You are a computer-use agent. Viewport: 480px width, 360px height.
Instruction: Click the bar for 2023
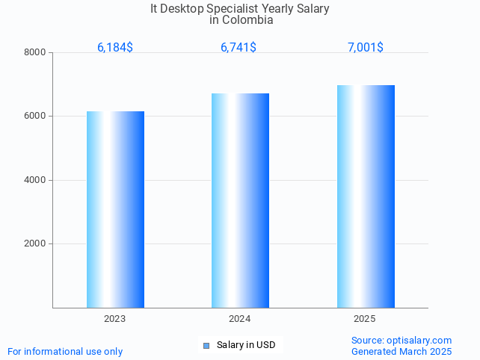pyautogui.click(x=115, y=209)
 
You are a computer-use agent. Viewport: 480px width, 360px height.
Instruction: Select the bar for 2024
pyautogui.click(x=240, y=200)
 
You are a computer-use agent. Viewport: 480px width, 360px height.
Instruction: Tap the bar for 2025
pyautogui.click(x=366, y=196)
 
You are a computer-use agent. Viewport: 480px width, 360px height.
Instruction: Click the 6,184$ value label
pyautogui.click(x=115, y=48)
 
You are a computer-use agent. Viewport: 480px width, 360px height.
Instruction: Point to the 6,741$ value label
pyautogui.click(x=239, y=48)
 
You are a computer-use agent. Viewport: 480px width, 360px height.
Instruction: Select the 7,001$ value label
pyautogui.click(x=366, y=48)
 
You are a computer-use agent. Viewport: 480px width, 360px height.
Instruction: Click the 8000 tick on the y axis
pyautogui.click(x=35, y=52)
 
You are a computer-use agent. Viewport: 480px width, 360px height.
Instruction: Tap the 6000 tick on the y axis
pyautogui.click(x=35, y=117)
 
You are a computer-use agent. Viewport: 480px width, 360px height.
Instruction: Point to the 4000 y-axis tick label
pyautogui.click(x=35, y=180)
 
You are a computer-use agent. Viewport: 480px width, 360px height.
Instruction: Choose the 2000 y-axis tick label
pyautogui.click(x=35, y=244)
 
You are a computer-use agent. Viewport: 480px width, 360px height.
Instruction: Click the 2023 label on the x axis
pyautogui.click(x=115, y=319)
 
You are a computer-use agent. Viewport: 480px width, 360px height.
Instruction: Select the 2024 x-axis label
pyautogui.click(x=240, y=319)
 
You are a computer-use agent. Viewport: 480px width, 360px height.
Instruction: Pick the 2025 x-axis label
pyautogui.click(x=365, y=319)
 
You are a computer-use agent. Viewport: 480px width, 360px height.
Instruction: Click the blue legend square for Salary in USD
pyautogui.click(x=206, y=345)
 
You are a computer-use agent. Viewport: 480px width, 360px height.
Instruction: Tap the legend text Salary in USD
pyautogui.click(x=246, y=345)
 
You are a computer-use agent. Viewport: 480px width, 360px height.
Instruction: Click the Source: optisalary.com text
pyautogui.click(x=401, y=340)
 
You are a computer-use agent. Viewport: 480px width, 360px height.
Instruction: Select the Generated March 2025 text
pyautogui.click(x=401, y=351)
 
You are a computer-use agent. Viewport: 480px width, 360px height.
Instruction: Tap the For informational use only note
pyautogui.click(x=65, y=351)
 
